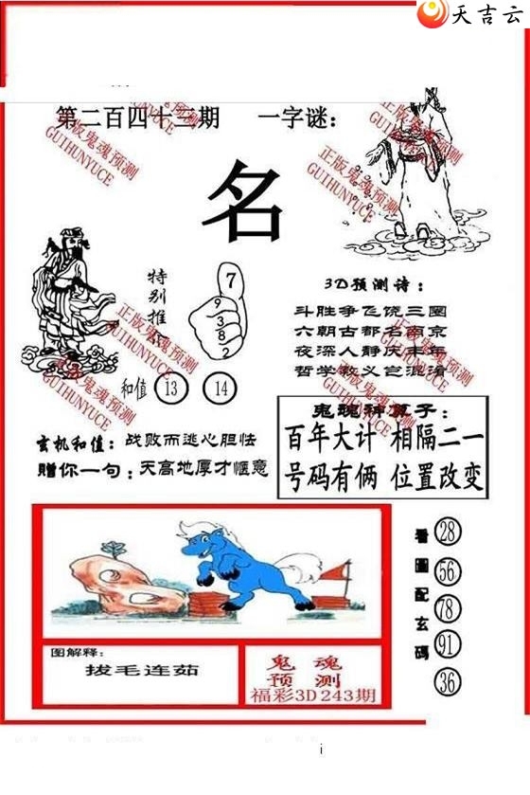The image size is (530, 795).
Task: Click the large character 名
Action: pos(242,202)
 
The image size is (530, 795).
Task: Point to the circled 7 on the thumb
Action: pos(229,279)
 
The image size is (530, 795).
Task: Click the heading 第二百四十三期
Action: pos(137,118)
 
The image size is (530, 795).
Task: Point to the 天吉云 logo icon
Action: pos(433,14)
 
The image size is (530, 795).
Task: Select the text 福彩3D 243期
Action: pos(313,695)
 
